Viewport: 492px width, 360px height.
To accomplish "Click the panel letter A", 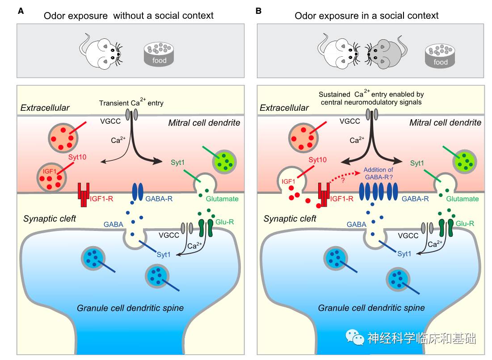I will coord(21,11).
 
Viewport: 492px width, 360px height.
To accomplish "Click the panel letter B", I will coord(258,11).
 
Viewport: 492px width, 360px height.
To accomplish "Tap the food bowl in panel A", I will coord(159,54).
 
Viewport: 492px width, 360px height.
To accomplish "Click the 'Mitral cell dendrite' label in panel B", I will coord(445,122).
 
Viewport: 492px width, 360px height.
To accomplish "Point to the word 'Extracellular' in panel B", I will coord(285,108).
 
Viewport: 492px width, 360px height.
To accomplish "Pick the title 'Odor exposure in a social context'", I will coord(366,16).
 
